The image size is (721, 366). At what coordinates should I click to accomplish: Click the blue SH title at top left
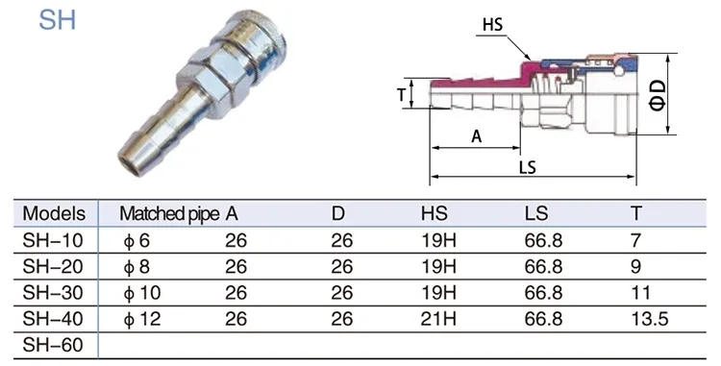57,20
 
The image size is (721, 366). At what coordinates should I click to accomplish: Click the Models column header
54,213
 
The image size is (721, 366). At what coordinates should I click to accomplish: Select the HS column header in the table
435,213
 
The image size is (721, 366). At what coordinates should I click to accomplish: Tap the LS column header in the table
536,213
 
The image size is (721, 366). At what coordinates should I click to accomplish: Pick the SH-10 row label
53,240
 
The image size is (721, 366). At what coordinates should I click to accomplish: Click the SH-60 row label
53,345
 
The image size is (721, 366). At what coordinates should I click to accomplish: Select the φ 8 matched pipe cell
137,267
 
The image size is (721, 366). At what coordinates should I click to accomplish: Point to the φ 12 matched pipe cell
142,319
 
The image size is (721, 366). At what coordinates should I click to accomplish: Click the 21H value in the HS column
438,319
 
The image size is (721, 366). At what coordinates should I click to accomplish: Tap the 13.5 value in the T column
649,319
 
